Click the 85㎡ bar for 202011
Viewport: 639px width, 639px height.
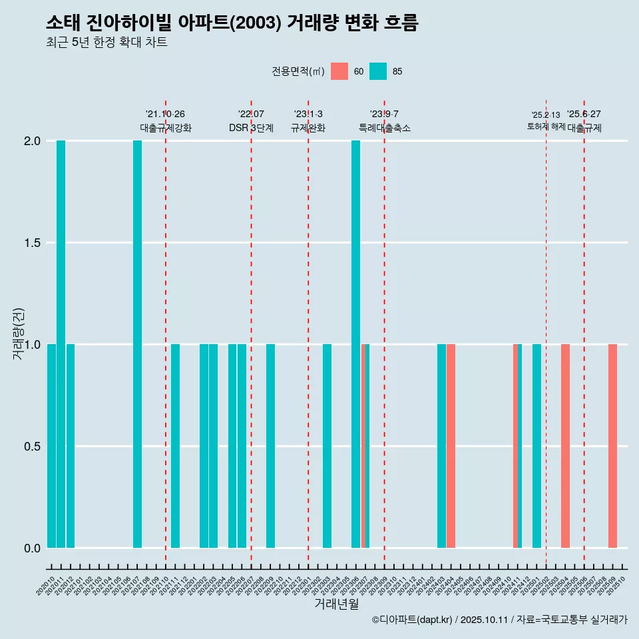pyautogui.click(x=61, y=344)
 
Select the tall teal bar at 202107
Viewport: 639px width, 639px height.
pyautogui.click(x=137, y=344)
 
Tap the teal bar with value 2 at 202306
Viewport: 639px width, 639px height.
pyautogui.click(x=355, y=344)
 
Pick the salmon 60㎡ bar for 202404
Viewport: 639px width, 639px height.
pyautogui.click(x=451, y=446)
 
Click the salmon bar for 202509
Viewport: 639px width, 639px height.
pyautogui.click(x=612, y=446)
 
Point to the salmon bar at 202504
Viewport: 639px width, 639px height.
pyautogui.click(x=565, y=446)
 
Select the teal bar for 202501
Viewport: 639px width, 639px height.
pyautogui.click(x=536, y=446)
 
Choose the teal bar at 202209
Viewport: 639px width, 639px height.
pyautogui.click(x=270, y=446)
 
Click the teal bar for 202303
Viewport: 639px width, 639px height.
pyautogui.click(x=327, y=446)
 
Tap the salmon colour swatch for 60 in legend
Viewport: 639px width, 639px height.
pyautogui.click(x=339, y=71)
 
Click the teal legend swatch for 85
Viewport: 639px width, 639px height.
pyautogui.click(x=378, y=71)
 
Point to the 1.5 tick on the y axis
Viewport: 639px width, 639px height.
pyautogui.click(x=33, y=243)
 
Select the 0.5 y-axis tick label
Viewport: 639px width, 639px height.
pyautogui.click(x=33, y=447)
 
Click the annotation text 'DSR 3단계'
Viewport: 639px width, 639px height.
pyautogui.click(x=251, y=128)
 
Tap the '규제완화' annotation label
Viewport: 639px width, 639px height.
pyautogui.click(x=308, y=128)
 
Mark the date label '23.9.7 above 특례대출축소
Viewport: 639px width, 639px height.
pyautogui.click(x=384, y=114)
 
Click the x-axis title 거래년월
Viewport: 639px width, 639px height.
pyautogui.click(x=336, y=604)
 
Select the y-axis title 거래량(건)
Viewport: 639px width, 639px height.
pyautogui.click(x=19, y=333)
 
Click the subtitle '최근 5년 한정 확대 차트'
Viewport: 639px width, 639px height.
pyautogui.click(x=106, y=43)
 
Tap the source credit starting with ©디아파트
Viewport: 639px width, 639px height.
pyautogui.click(x=499, y=620)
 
